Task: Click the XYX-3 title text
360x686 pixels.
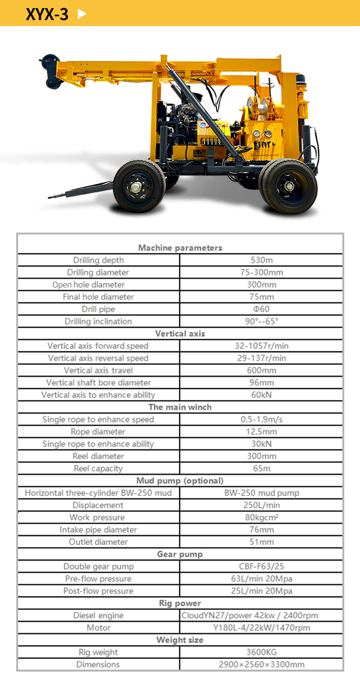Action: coord(47,14)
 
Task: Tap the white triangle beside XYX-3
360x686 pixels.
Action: coord(81,13)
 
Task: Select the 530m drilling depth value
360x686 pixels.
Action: coord(261,260)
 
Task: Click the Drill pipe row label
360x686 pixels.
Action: coord(98,309)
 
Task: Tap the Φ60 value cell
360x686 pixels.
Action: coord(261,309)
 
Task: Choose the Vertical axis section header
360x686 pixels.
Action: coord(180,333)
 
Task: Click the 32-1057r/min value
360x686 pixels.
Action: coord(261,346)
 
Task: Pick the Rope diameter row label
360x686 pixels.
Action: coord(98,431)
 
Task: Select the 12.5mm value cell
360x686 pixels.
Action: coord(261,431)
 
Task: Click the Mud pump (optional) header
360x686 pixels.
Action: coord(180,480)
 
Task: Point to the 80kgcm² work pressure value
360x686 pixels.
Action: coord(261,517)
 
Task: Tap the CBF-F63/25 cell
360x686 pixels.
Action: coord(261,566)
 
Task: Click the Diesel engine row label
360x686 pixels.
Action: coord(98,615)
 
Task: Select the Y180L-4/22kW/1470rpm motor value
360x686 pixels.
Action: coord(261,628)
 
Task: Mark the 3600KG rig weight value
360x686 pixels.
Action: coord(261,652)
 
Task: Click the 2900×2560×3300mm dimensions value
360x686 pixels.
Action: coord(261,664)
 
